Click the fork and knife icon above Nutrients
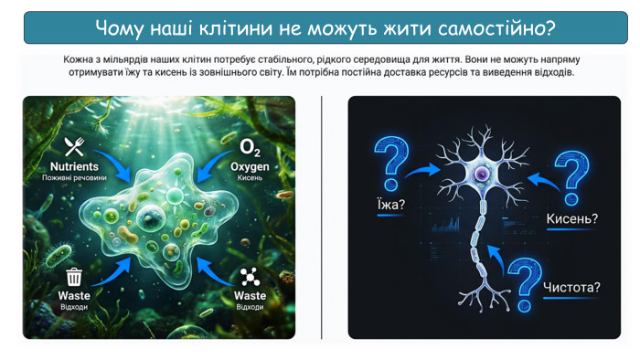coord(74,147)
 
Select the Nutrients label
coord(74,167)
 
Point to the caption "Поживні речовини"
coord(74,178)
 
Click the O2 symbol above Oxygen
coord(249,147)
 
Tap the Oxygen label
coord(249,167)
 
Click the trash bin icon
coord(74,278)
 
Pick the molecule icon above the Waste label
coord(249,278)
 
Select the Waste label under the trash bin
coord(74,296)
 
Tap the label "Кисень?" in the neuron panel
coord(571,218)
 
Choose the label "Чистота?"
coord(571,288)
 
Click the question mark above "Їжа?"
coord(391,164)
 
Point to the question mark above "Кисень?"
coord(572,175)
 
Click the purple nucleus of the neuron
coord(480,173)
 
